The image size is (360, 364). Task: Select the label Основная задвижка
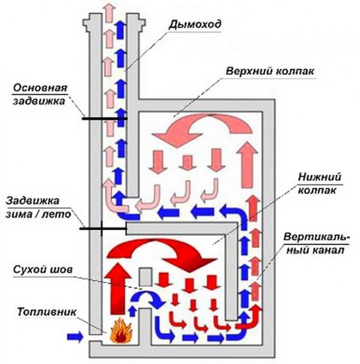pyautogui.click(x=40, y=93)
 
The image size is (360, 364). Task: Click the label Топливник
pyautogui.click(x=42, y=311)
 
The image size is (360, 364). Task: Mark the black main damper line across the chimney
pyautogui.click(x=104, y=118)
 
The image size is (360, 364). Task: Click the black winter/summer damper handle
pyautogui.click(x=102, y=229)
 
